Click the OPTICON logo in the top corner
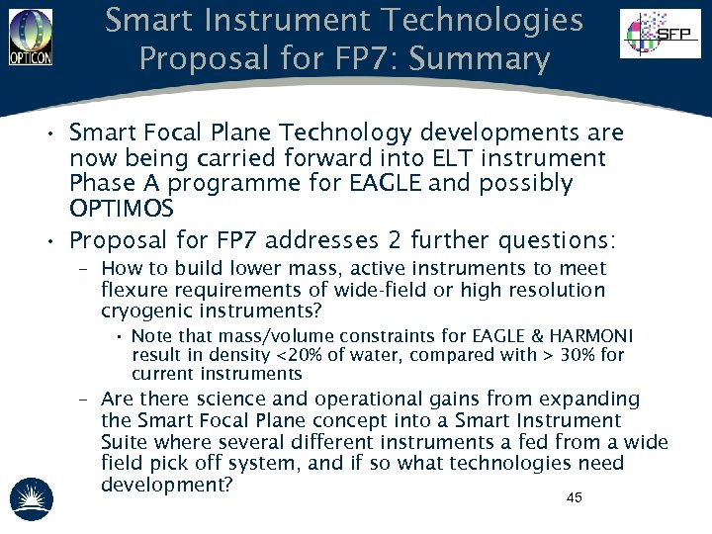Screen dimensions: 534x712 30,37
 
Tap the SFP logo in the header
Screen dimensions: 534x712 660,35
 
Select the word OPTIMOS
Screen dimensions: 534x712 121,210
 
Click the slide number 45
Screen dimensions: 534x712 574,497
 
